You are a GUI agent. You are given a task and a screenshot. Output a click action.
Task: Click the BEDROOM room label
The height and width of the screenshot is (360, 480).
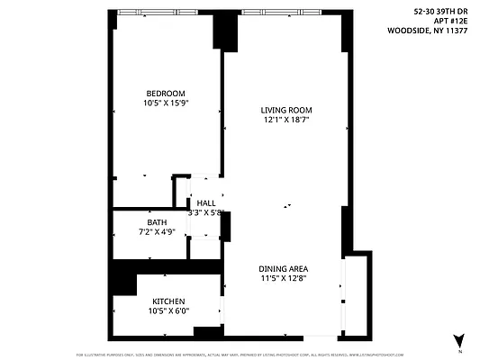pyautogui.click(x=167, y=94)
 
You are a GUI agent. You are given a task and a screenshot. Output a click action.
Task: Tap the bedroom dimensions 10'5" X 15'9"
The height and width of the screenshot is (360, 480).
pyautogui.click(x=167, y=103)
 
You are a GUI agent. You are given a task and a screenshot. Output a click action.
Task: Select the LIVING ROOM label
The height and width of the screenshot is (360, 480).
pyautogui.click(x=287, y=110)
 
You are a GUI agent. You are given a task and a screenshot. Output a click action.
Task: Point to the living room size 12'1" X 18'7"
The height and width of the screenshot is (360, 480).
pyautogui.click(x=287, y=120)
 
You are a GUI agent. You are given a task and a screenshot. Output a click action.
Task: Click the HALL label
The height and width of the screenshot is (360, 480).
pyautogui.click(x=206, y=203)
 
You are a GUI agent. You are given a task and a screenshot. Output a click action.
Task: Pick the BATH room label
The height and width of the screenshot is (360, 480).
pyautogui.click(x=157, y=222)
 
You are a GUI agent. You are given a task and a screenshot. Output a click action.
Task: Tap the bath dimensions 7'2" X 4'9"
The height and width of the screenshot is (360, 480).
pyautogui.click(x=157, y=232)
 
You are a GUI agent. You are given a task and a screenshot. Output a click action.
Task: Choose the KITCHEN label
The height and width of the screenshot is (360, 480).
pyautogui.click(x=168, y=301)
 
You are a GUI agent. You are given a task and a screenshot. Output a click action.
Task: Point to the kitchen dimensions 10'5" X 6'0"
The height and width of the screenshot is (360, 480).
pyautogui.click(x=168, y=311)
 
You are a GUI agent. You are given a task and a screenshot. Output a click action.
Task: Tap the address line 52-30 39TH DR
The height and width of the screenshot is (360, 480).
pyautogui.click(x=440, y=12)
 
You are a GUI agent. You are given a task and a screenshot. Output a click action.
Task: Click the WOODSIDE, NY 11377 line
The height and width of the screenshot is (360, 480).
pyautogui.click(x=429, y=30)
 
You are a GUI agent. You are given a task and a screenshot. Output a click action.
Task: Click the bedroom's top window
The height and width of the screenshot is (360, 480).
pyautogui.click(x=165, y=12)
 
